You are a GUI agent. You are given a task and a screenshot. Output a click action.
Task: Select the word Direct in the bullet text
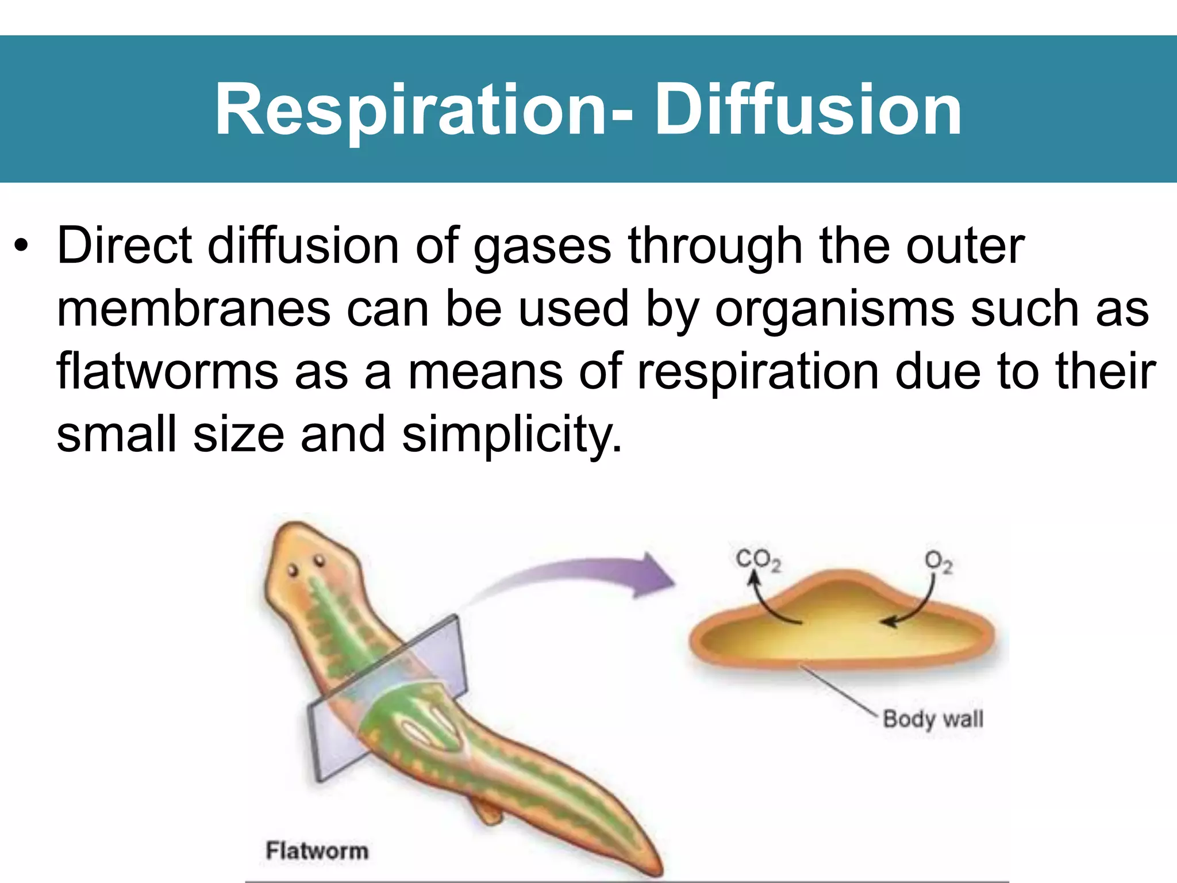124,245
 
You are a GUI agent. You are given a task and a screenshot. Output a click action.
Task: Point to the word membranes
193,309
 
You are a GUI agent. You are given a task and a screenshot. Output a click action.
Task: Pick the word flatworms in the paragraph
167,371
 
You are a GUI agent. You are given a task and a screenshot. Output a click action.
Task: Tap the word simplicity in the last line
510,435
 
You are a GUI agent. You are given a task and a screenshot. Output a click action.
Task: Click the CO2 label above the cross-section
757,559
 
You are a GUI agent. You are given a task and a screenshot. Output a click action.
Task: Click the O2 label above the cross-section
938,562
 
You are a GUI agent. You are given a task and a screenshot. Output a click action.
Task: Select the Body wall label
932,719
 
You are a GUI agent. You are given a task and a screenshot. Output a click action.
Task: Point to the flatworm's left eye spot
293,570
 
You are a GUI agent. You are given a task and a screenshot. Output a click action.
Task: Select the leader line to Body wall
839,690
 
